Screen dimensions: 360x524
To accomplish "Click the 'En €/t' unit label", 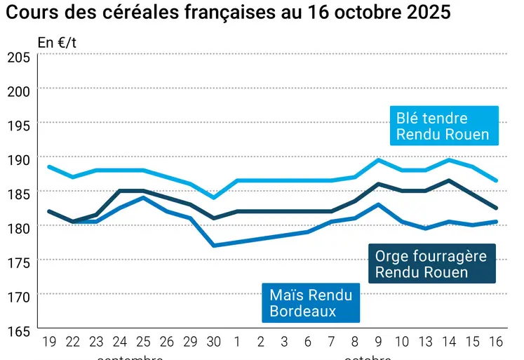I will click(58, 42).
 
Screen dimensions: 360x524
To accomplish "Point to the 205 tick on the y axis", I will click(18, 58).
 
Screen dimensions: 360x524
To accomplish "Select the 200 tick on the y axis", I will click(18, 91).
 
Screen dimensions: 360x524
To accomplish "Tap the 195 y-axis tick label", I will click(18, 125).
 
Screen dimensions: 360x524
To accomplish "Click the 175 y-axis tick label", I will click(18, 262).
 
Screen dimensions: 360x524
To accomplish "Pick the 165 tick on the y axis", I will click(18, 331).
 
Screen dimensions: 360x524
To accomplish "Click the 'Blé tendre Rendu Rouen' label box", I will click(443, 126).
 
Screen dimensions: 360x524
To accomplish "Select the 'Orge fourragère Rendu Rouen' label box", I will click(431, 264).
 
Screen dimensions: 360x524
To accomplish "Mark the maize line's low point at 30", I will click(213, 246).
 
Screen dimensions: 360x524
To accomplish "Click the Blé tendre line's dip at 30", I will click(213, 197).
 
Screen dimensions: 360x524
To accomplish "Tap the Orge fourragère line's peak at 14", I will click(450, 180).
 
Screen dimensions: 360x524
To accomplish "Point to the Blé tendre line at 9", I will click(379, 160).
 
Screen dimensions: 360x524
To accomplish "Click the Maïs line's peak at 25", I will click(143, 197).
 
